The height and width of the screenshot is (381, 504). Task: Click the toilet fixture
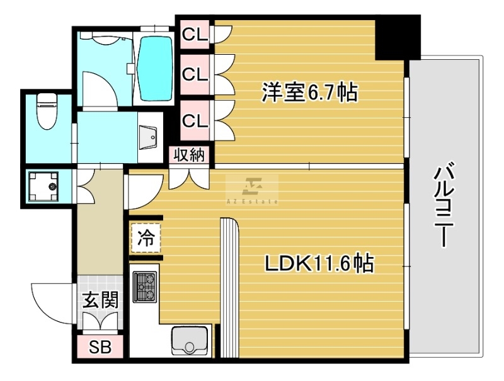point(45,111)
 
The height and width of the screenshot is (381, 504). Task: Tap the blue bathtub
point(154,69)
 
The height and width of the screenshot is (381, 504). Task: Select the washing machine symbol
point(43,186)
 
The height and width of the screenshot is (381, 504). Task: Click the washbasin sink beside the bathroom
point(148,137)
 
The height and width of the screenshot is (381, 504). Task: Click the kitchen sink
point(189,341)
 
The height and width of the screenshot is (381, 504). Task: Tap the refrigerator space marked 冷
point(146,237)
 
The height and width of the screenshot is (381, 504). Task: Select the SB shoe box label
point(100,347)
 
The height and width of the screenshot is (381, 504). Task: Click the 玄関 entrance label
point(100,300)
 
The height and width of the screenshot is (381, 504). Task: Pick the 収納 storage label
point(189,155)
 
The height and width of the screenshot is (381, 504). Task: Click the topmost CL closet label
point(195,35)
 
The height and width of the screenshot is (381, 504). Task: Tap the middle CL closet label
point(195,74)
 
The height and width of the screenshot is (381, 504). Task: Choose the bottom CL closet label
point(195,121)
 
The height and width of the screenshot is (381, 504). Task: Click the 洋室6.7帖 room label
point(309,93)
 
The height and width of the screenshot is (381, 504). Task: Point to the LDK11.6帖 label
point(319,263)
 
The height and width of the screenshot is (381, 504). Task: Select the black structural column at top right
point(398,38)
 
